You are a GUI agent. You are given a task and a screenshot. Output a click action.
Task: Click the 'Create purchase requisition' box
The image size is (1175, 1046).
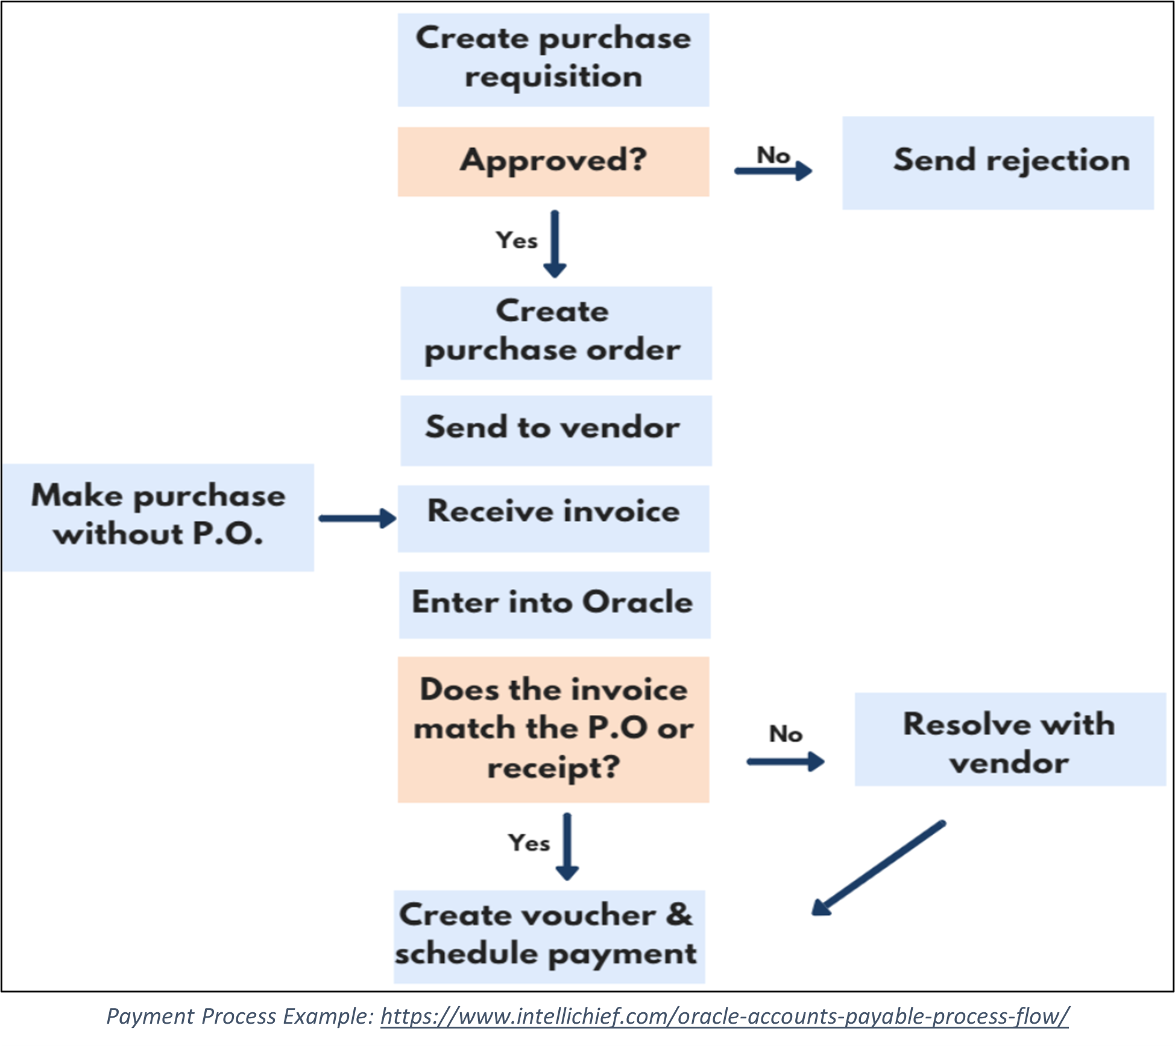(x=553, y=60)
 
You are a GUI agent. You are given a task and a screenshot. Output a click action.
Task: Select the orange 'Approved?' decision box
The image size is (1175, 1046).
(x=553, y=161)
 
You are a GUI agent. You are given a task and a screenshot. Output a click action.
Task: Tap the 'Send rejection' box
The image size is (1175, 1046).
(x=997, y=162)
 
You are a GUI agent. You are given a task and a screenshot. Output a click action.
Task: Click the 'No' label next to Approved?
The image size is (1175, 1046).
(x=773, y=156)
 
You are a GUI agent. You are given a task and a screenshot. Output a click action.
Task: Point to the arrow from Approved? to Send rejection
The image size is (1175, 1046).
(x=773, y=171)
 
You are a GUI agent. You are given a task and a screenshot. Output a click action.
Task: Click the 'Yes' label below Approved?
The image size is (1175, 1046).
(x=516, y=241)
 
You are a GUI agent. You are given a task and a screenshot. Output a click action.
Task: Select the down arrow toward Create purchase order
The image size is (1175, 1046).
(x=555, y=244)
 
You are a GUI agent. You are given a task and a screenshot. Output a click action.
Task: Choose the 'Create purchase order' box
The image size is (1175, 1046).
(x=555, y=332)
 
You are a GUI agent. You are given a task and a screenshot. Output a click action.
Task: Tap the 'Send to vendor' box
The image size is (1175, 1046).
(x=555, y=430)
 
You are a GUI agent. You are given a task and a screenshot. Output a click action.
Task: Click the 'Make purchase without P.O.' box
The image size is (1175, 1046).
(x=158, y=517)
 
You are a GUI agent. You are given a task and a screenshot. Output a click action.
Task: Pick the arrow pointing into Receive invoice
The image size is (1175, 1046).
(x=357, y=518)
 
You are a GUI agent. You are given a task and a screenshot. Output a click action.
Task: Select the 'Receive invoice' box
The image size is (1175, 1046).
(x=553, y=518)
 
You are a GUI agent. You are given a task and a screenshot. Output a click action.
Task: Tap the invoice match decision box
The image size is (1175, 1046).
(x=553, y=729)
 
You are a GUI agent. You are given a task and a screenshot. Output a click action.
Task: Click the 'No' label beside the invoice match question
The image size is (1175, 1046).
(x=786, y=734)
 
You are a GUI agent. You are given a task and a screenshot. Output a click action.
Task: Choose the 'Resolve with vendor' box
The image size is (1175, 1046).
(x=1010, y=739)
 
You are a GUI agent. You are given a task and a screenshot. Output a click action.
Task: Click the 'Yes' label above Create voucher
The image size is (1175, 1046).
(x=529, y=843)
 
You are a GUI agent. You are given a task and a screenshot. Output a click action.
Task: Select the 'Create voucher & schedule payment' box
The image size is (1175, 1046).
(x=549, y=936)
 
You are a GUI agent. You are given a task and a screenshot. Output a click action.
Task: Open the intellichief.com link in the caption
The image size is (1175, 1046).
(x=724, y=1016)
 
